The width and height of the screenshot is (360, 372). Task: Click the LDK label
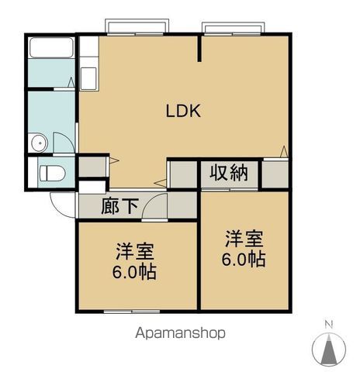point(184,111)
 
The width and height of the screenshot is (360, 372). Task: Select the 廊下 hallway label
point(120,206)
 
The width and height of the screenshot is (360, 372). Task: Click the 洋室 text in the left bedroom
point(135,252)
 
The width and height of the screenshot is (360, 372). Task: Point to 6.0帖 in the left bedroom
point(135,272)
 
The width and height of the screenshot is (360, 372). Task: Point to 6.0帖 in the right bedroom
point(245,258)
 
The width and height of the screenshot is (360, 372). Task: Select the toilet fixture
point(51,173)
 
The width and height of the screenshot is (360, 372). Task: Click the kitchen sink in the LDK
point(88,78)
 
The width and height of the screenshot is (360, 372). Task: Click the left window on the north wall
point(137,29)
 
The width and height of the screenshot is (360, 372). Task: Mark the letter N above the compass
point(329,323)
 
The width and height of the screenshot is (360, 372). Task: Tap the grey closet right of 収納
point(275,174)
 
